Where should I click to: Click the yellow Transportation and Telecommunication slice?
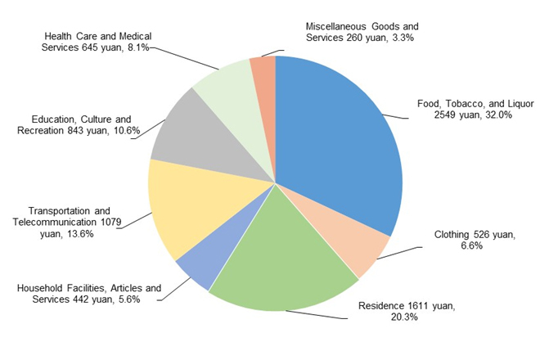click(184, 209)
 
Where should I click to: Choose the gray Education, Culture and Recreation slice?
click(184, 131)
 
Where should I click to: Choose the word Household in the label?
click(39, 288)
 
